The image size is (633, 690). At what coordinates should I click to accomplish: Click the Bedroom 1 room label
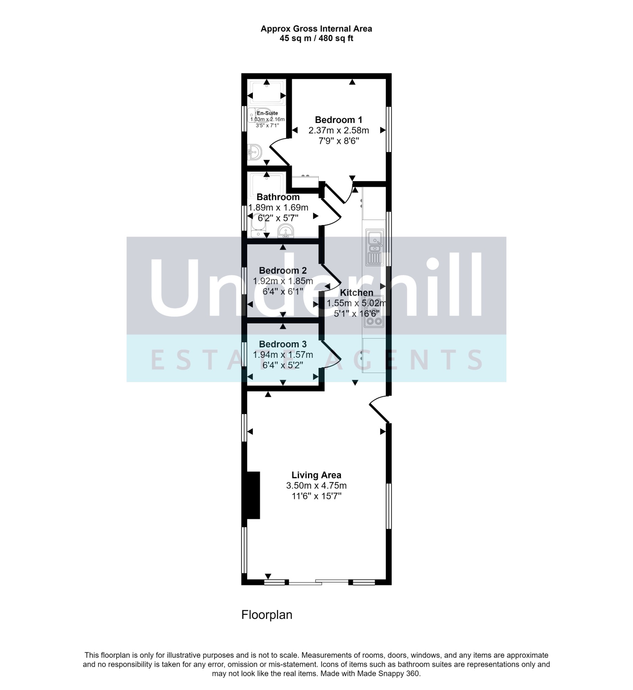[339, 120]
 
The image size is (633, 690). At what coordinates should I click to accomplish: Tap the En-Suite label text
[267, 113]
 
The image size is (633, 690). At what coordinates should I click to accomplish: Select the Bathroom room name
[278, 197]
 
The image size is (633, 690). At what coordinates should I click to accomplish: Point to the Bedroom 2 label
[283, 271]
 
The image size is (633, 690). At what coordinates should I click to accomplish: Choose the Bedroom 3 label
[283, 344]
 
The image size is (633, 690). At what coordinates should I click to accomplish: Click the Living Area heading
[316, 475]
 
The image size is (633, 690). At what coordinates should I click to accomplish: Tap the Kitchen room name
[356, 293]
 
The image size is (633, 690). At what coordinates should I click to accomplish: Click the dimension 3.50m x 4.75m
[316, 485]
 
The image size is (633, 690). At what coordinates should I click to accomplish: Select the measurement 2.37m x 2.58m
[339, 130]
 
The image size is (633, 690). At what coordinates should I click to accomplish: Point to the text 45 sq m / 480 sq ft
[316, 38]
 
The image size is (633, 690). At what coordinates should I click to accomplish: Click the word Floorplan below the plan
[267, 615]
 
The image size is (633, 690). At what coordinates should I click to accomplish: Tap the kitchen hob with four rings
[374, 311]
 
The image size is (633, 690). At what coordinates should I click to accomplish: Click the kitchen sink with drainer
[375, 247]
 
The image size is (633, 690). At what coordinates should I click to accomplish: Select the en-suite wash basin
[254, 152]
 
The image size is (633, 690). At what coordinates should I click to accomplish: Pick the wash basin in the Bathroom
[285, 231]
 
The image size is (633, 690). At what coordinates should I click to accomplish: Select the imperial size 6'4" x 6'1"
[283, 292]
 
